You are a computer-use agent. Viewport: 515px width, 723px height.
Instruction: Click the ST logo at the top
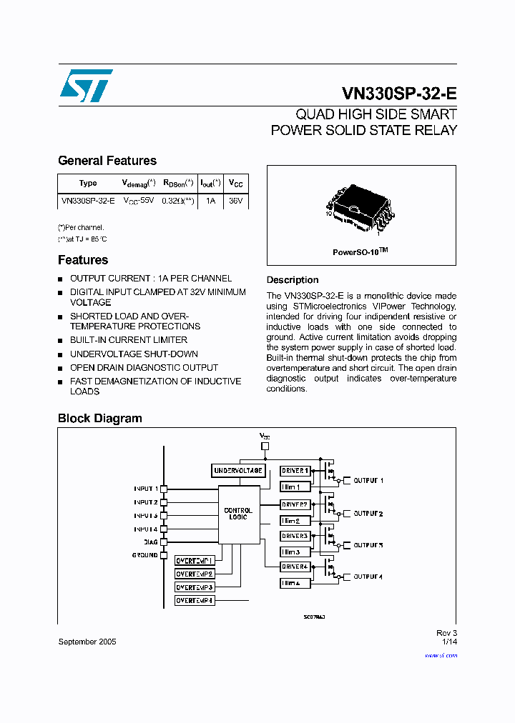click(85, 86)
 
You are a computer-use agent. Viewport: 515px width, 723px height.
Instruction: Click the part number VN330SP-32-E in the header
click(399, 94)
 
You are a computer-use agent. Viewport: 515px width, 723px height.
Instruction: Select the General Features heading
click(107, 161)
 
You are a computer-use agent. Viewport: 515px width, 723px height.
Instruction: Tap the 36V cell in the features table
click(235, 201)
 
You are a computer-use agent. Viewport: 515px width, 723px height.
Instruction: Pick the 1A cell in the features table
click(210, 201)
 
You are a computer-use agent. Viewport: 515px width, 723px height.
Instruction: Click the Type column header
click(88, 183)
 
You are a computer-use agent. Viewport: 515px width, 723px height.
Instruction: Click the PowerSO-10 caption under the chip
click(360, 252)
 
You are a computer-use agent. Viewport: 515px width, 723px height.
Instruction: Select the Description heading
click(293, 280)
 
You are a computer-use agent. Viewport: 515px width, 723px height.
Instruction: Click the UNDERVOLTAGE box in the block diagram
click(239, 471)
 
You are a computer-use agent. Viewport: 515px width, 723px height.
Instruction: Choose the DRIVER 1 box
click(295, 471)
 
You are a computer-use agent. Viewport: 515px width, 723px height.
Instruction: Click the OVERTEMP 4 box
click(195, 601)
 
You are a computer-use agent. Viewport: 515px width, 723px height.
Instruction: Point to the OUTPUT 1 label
click(368, 481)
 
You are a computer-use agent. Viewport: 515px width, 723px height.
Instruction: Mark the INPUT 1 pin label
click(145, 489)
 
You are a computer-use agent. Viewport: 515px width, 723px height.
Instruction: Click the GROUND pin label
click(144, 555)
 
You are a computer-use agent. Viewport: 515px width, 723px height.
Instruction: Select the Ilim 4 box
click(295, 583)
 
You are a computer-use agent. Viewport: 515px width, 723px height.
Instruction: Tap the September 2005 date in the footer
click(87, 642)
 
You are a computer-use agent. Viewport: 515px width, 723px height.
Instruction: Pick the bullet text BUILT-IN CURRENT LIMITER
click(129, 340)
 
